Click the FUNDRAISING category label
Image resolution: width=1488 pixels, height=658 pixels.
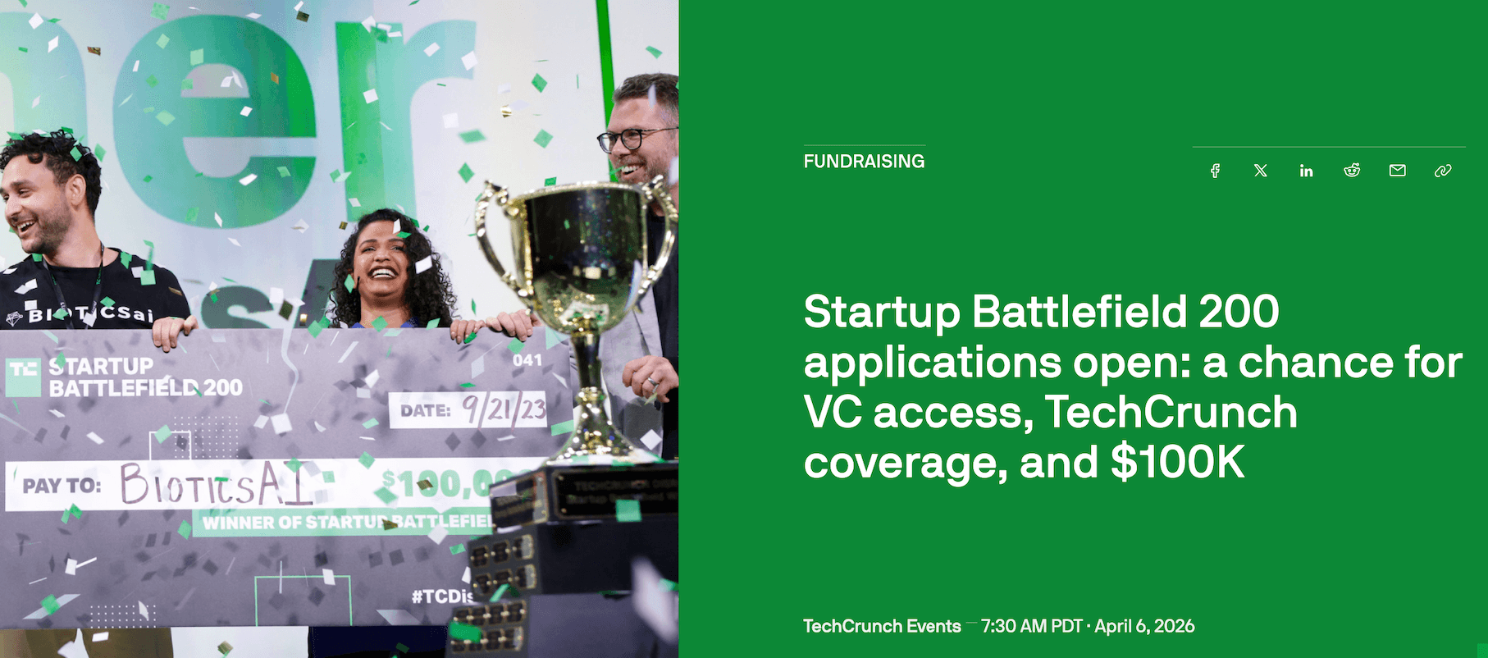coord(864,161)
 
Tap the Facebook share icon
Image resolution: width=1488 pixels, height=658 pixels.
coord(1215,171)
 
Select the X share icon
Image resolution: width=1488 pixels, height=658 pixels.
coord(1261,171)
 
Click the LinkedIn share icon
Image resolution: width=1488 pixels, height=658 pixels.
coord(1306,171)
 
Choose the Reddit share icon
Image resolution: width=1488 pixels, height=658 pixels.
coord(1352,171)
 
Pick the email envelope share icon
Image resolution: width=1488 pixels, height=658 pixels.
coord(1398,171)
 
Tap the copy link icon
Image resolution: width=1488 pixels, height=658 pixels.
coord(1443,171)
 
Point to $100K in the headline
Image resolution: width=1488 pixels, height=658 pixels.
coord(1178,463)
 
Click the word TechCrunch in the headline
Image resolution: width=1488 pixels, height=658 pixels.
coord(1171,413)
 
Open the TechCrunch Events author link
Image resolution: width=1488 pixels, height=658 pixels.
coord(882,626)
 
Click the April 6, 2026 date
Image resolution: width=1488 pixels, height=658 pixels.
coord(1144,626)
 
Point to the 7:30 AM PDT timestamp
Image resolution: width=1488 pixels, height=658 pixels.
coord(1031,626)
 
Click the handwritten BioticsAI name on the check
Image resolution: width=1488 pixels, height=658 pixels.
coord(215,484)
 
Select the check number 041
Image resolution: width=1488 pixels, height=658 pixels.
coord(527,360)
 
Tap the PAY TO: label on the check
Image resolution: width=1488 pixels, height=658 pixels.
coord(62,486)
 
